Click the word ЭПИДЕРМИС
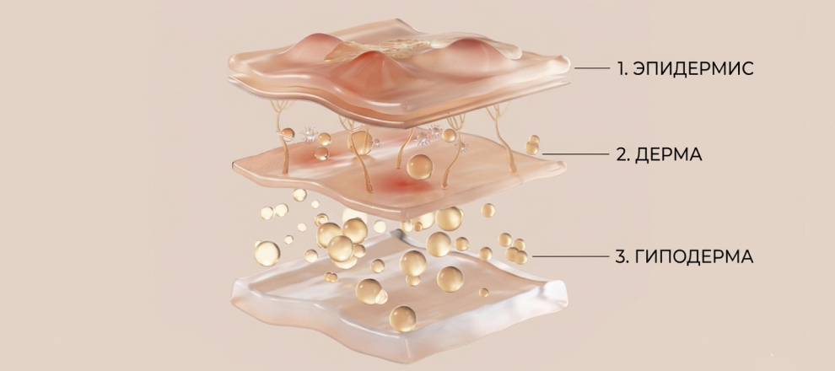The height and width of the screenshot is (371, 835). coord(693,68)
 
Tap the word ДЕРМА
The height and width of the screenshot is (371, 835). coord(669,154)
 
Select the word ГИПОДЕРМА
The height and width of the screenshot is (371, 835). coord(694,256)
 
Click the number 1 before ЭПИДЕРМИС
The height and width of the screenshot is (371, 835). coord(622,68)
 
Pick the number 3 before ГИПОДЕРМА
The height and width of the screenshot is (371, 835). coord(622,256)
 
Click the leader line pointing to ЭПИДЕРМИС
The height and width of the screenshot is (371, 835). coord(591,68)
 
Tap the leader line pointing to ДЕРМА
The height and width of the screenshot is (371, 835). coord(575,153)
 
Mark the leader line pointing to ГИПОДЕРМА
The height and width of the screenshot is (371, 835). coord(570,256)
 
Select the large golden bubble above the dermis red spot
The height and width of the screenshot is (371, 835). coord(419,167)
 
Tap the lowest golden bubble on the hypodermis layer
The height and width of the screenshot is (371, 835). coord(402,319)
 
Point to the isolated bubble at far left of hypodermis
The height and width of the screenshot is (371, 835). coord(267,253)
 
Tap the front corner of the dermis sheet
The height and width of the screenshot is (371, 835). coord(401,216)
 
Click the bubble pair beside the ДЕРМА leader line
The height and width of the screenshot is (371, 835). coord(532,144)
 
